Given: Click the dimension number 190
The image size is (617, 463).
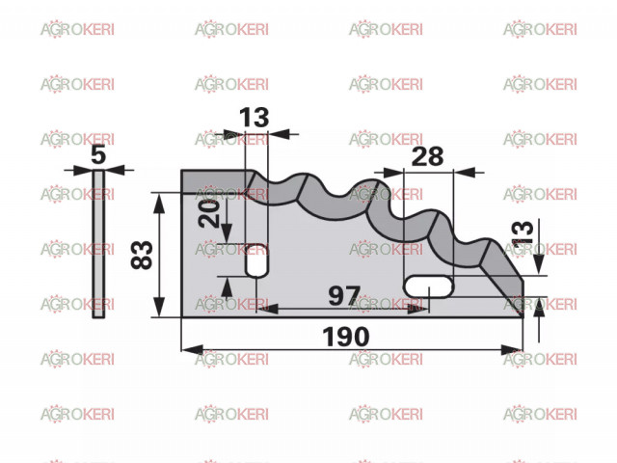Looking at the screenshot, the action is coord(345,337).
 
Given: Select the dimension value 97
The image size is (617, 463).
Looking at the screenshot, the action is coord(344,296).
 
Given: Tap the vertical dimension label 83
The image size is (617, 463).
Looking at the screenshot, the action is coord(142,255).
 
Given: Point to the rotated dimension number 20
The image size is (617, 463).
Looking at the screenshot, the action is coord(209,214).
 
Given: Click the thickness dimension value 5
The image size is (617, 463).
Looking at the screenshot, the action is coord(98,154).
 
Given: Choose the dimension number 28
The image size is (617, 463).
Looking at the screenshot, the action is coord(427,156).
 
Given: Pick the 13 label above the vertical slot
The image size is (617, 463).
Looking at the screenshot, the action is coord(254,118).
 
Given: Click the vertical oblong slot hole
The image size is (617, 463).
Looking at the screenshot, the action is coord(256,260).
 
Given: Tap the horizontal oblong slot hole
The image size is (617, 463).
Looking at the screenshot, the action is coord(429,286).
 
